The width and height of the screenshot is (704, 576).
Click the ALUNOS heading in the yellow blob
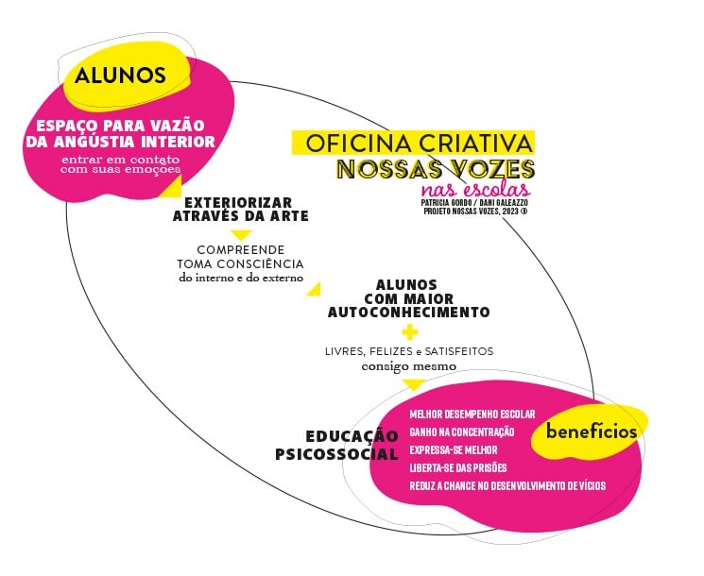point(120,76)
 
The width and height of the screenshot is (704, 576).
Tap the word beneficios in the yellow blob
point(592,431)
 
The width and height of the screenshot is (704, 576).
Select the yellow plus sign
point(409,332)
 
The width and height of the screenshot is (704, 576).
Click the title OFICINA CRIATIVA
point(420,144)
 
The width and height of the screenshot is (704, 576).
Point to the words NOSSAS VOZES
point(436,170)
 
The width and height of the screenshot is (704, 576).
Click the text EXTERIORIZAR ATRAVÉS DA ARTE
point(246,209)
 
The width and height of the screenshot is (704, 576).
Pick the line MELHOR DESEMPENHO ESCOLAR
point(472,414)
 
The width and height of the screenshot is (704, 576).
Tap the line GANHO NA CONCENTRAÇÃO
point(462,432)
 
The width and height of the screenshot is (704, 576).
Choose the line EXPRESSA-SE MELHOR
point(454,449)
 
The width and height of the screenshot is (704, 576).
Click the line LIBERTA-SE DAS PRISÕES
point(458,467)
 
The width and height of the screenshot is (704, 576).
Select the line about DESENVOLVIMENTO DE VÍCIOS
point(507,485)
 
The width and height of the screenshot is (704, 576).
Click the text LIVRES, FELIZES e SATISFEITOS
point(409,351)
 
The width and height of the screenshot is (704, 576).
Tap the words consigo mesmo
point(409,365)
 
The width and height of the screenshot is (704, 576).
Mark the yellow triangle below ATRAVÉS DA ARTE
point(241,234)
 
